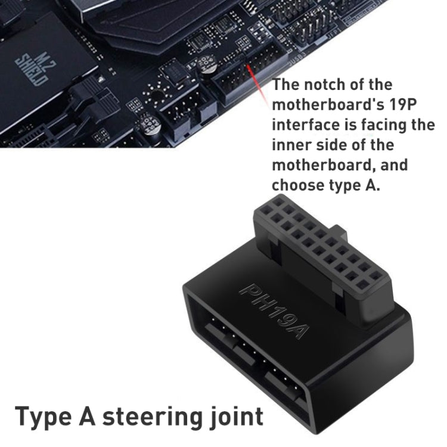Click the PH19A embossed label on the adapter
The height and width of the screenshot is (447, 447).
pos(273,311)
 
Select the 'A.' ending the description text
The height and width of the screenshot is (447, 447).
pos(371,185)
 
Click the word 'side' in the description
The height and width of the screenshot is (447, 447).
pos(346,145)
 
